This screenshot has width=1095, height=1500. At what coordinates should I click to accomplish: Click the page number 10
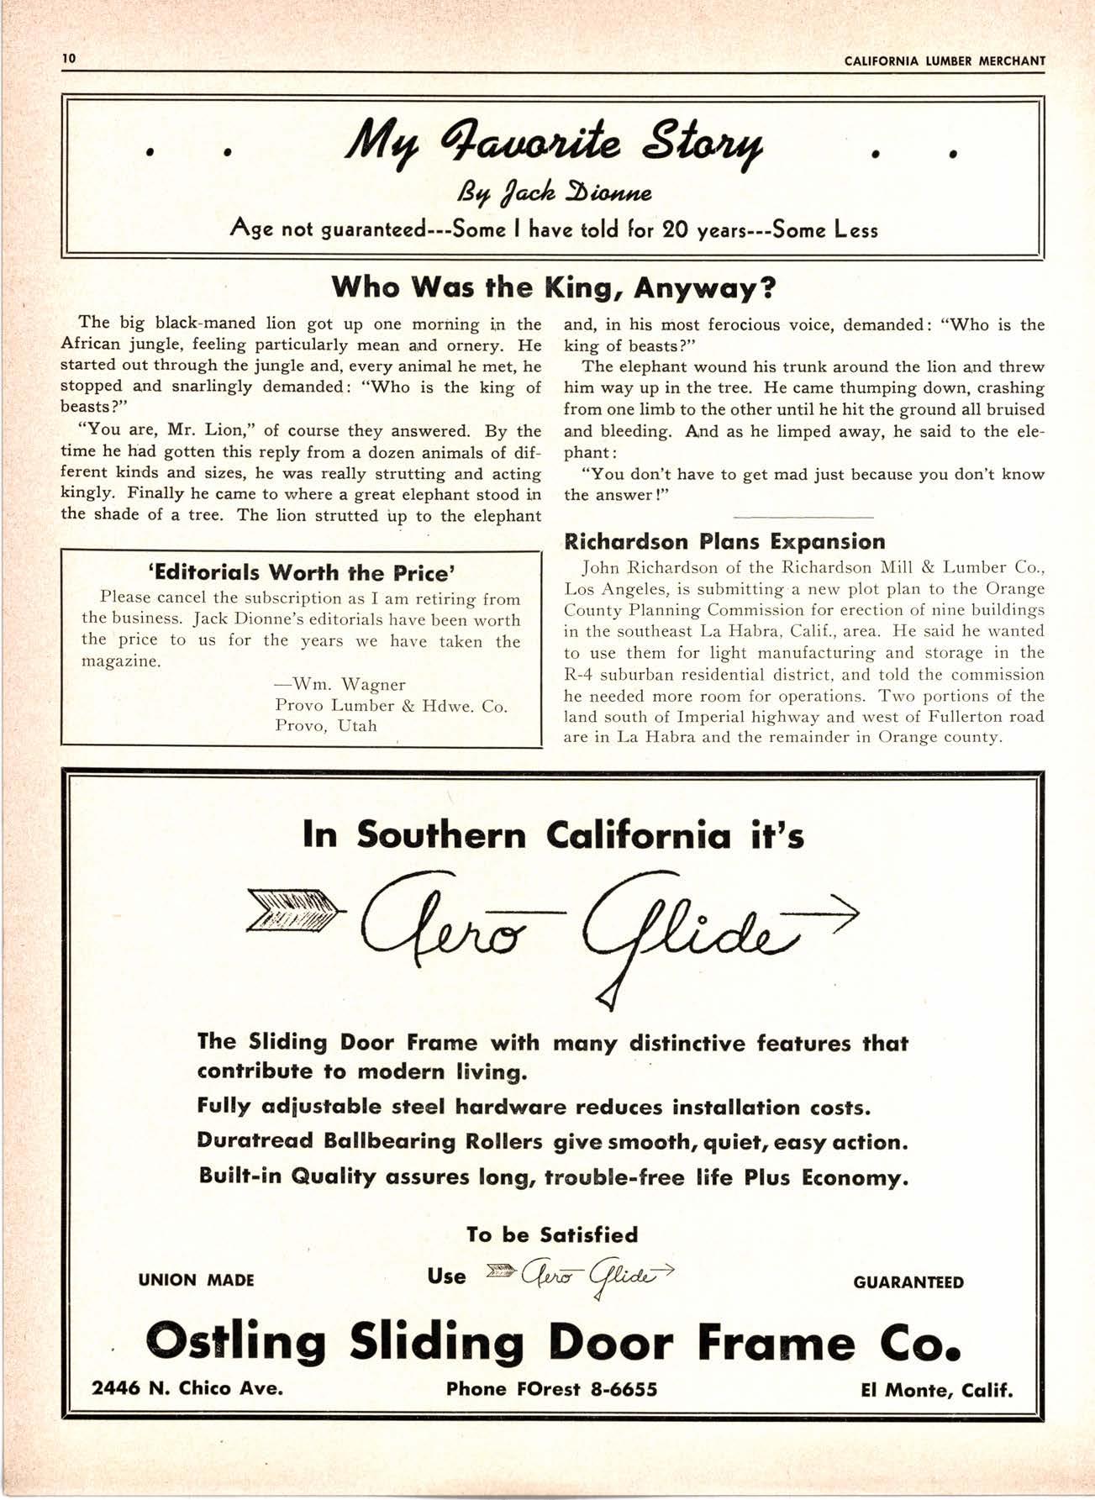tap(68, 58)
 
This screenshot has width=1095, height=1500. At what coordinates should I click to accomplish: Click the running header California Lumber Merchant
tap(945, 61)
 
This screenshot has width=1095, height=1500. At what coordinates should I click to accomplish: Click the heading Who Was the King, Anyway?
tap(552, 288)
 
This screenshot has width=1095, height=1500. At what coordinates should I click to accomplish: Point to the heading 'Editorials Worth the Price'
tap(301, 573)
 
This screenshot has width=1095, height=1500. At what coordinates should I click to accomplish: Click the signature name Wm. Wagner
tap(340, 684)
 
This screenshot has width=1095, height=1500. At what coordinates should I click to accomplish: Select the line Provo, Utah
tap(326, 725)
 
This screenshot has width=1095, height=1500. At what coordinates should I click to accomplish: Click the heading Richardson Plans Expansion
tap(725, 541)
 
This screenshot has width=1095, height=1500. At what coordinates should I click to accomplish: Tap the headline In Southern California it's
tap(553, 835)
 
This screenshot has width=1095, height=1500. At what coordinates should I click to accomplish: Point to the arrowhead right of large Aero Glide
tap(840, 912)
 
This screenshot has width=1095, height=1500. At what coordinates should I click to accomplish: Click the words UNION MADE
tap(196, 1281)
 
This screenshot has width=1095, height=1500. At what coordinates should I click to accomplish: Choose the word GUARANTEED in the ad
tap(908, 1282)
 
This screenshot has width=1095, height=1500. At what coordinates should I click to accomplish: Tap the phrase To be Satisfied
tap(552, 1234)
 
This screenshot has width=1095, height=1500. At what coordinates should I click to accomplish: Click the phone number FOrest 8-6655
tap(551, 1389)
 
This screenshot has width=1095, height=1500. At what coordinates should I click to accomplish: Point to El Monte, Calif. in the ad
tap(937, 1390)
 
